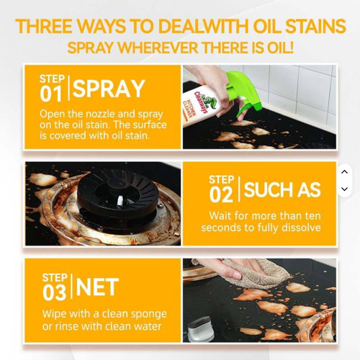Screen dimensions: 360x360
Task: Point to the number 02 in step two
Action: [x=221, y=194]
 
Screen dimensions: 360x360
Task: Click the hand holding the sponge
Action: [x=216, y=270]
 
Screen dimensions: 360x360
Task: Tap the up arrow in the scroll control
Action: [x=344, y=172]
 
